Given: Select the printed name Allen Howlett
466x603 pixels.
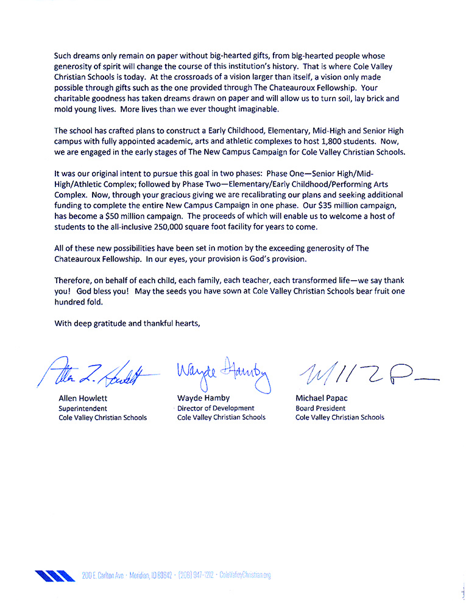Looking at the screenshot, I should pyautogui.click(x=83, y=398).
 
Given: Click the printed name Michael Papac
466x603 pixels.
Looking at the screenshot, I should pyautogui.click(x=320, y=398).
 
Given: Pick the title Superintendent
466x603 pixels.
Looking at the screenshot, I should pyautogui.click(x=83, y=408).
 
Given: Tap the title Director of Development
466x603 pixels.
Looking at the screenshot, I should pyautogui.click(x=216, y=408).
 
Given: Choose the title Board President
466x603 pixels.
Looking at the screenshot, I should pyautogui.click(x=320, y=408).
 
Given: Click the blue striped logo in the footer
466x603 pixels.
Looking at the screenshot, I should pyautogui.click(x=55, y=575).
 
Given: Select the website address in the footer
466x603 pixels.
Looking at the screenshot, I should pyautogui.click(x=245, y=576).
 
